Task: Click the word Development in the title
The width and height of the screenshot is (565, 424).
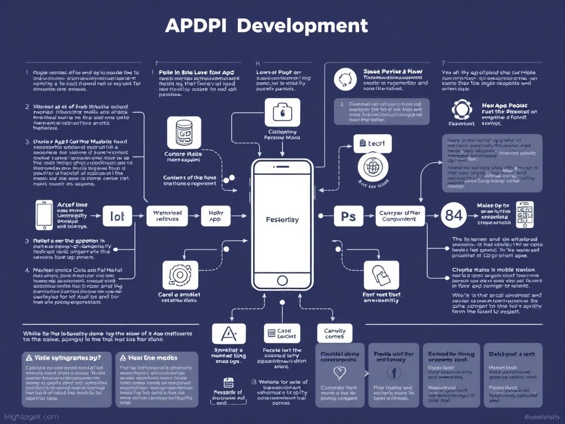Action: (305, 25)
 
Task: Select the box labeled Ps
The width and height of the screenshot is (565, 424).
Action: (349, 216)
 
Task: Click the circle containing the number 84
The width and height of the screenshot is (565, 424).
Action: (454, 216)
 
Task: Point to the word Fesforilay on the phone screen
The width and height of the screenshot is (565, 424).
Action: (282, 219)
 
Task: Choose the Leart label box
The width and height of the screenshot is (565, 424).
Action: (373, 143)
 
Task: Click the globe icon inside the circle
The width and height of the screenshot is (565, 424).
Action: (375, 167)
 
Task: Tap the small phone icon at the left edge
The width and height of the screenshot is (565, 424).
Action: (44, 215)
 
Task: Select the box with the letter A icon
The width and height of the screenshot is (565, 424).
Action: (226, 333)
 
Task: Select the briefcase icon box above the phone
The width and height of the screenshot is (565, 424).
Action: (282, 112)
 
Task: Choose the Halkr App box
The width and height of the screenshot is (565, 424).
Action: (212, 216)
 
